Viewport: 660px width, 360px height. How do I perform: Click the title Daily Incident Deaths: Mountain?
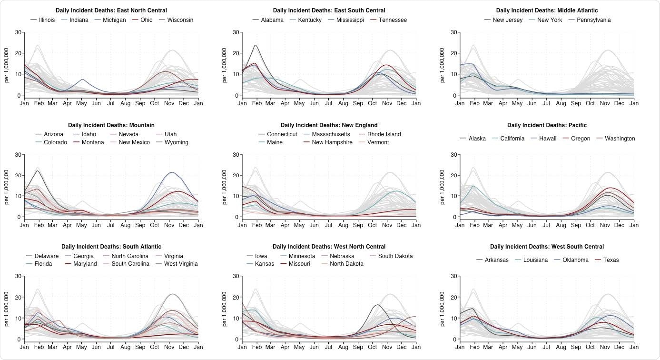tap(111, 125)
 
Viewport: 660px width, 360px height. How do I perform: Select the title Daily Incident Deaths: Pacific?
tap(547, 125)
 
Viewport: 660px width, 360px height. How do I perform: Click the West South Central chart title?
tap(547, 247)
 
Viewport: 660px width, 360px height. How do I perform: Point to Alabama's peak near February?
tap(256, 45)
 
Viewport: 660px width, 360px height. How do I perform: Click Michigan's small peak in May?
tap(82, 80)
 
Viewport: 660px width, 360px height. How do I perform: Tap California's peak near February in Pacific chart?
tap(473, 186)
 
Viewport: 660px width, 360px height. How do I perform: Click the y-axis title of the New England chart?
tap(225, 186)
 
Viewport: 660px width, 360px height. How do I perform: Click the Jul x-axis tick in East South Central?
tap(329, 103)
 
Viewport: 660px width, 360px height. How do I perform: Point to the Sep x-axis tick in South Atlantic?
tap(140, 347)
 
